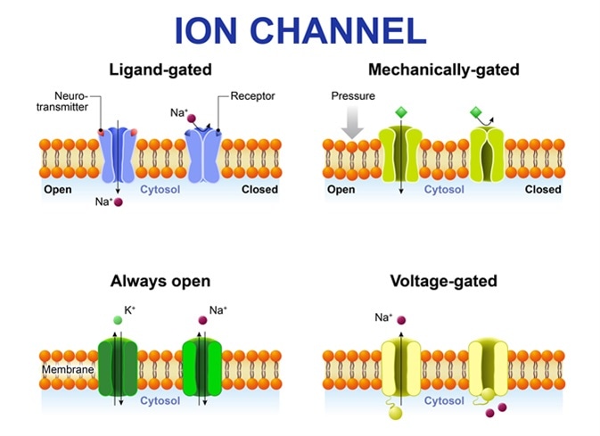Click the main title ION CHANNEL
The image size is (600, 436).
300,29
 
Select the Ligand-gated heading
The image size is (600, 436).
160,70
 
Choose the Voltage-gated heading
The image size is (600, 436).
443,281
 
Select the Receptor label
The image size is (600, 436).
252,95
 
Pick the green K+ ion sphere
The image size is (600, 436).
117,320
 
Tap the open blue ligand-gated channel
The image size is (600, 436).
117,155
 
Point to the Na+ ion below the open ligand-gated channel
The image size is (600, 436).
118,202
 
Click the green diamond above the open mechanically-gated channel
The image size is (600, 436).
400,113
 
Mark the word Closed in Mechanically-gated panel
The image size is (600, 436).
543,189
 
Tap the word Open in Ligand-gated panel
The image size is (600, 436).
58,189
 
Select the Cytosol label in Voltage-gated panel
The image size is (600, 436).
442,401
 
